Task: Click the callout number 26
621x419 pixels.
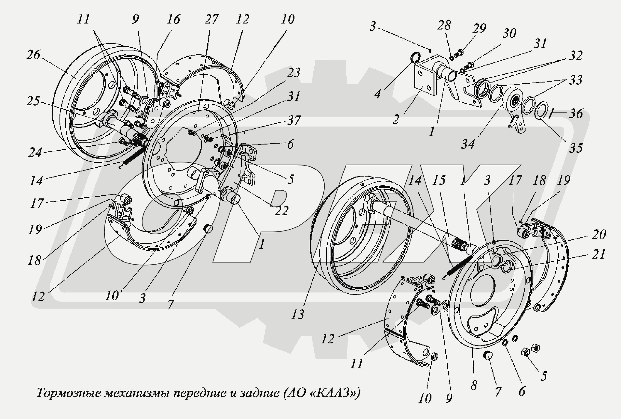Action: point(33,55)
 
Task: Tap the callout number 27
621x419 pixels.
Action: point(211,19)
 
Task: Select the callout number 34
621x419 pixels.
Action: point(468,145)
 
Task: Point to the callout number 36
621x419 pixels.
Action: point(576,114)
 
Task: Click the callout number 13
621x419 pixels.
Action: point(297,314)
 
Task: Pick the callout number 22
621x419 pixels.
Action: point(281,211)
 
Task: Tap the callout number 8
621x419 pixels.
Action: point(474,385)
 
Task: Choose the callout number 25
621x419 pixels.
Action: point(33,101)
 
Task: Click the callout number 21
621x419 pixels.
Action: point(599,254)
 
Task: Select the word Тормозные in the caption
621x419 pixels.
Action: point(68,393)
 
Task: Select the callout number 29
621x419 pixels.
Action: point(479,28)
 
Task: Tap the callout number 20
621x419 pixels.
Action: point(599,234)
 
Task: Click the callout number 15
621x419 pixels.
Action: point(439,180)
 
